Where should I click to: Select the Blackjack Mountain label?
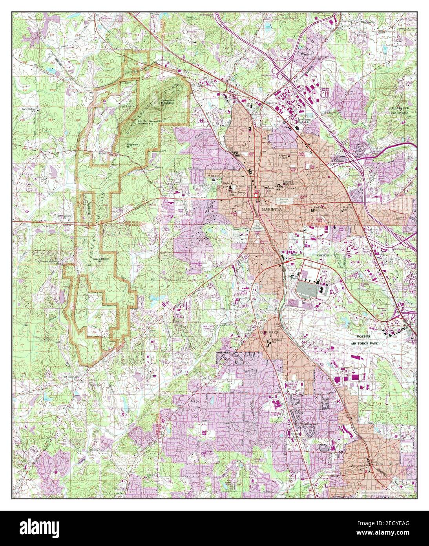pyautogui.click(x=399, y=110)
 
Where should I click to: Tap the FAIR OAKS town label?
pyautogui.click(x=268, y=333)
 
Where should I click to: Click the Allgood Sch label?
pyautogui.click(x=284, y=156)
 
